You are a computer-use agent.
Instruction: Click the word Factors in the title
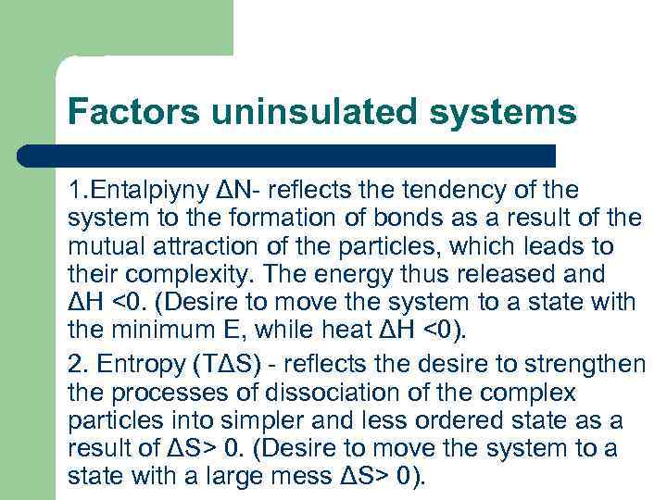tap(132, 113)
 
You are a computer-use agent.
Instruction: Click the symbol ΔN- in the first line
tap(241, 191)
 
